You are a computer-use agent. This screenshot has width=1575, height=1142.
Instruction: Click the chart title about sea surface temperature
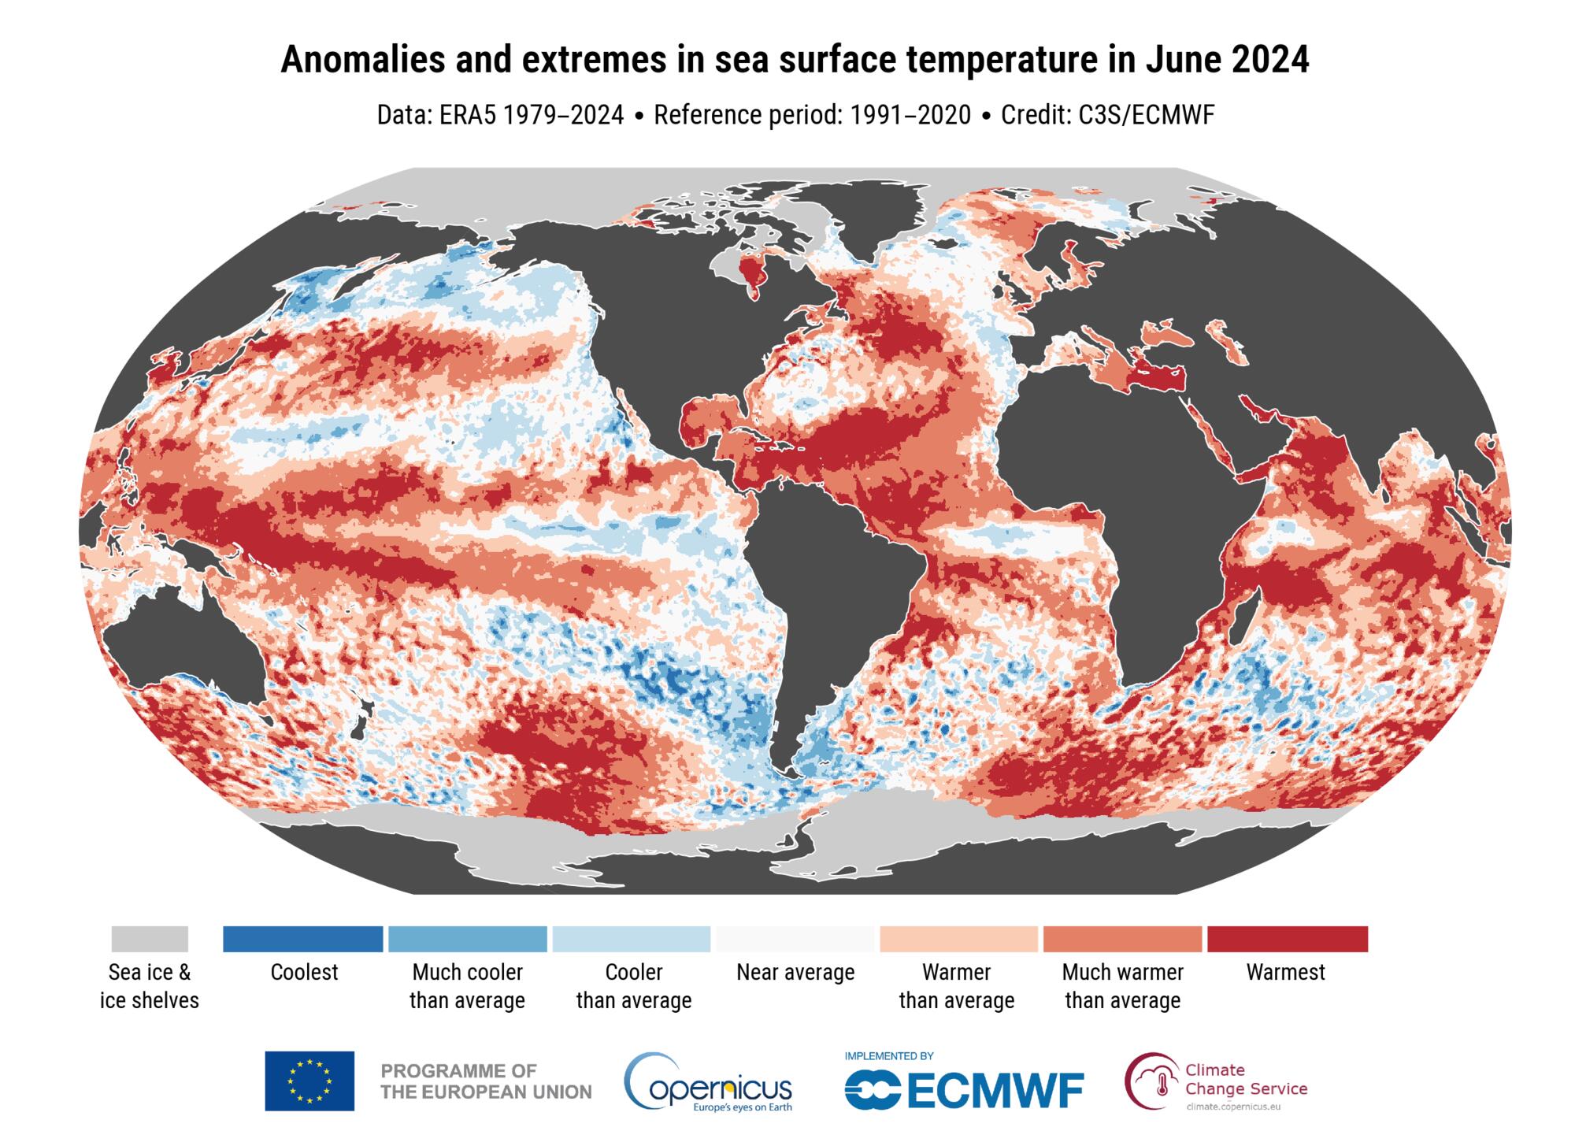pos(795,60)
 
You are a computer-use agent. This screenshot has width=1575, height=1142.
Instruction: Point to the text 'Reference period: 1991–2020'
pos(812,115)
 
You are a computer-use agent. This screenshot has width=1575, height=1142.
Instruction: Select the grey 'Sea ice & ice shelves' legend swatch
pos(150,939)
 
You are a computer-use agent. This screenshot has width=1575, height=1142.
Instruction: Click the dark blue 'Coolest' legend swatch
pos(303,939)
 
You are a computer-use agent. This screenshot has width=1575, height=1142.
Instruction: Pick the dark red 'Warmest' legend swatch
pos(1287,939)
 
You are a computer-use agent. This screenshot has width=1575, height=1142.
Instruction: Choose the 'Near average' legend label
pos(795,973)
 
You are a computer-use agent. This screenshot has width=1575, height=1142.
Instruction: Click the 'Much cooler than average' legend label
pos(467,986)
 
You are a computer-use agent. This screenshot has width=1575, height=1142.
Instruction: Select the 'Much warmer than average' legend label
pos(1122,986)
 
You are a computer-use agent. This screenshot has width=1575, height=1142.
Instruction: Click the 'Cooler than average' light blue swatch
pos(632,939)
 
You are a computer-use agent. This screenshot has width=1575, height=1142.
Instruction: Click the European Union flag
pos(309,1081)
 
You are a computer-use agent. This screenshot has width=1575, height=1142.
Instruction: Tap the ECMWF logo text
pos(964,1091)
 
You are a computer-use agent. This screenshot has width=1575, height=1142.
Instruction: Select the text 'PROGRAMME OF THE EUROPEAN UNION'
pos(486,1081)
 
